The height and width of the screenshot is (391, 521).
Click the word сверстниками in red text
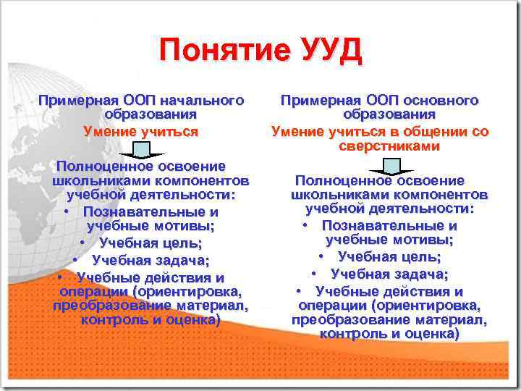click(x=389, y=146)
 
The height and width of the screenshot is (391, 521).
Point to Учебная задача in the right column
click(x=389, y=274)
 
